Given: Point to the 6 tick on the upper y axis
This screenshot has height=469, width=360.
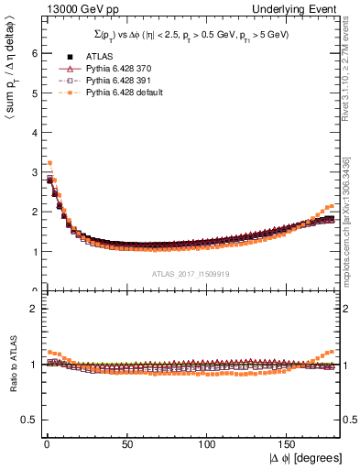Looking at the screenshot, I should [34, 53].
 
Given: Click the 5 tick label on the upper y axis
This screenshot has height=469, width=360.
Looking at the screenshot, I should [34, 93].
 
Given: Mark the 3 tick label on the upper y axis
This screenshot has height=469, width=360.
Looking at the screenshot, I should [34, 172].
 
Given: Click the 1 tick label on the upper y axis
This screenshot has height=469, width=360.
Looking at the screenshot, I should [34, 251].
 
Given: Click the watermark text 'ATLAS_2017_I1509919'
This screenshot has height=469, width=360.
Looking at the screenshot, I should [191, 274].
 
